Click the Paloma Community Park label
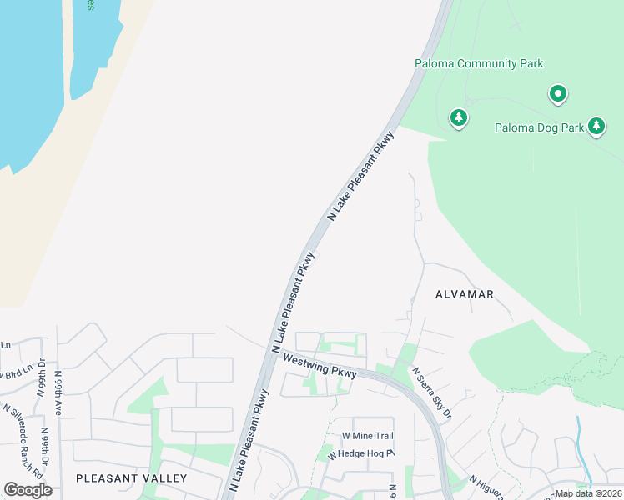pos(479,63)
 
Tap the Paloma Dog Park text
pos(539,127)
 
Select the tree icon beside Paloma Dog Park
pos(596,126)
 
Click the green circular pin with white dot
pos(558,94)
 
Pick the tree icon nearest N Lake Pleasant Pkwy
pos(458,118)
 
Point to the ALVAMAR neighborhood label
pos(465,294)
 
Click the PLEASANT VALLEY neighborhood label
pos(131,477)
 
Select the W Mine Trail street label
pos(367,436)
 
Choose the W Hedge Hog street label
pos(360,454)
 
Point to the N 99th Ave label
pos(59,388)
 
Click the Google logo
pos(28,490)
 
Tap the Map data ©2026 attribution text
pos(589,493)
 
